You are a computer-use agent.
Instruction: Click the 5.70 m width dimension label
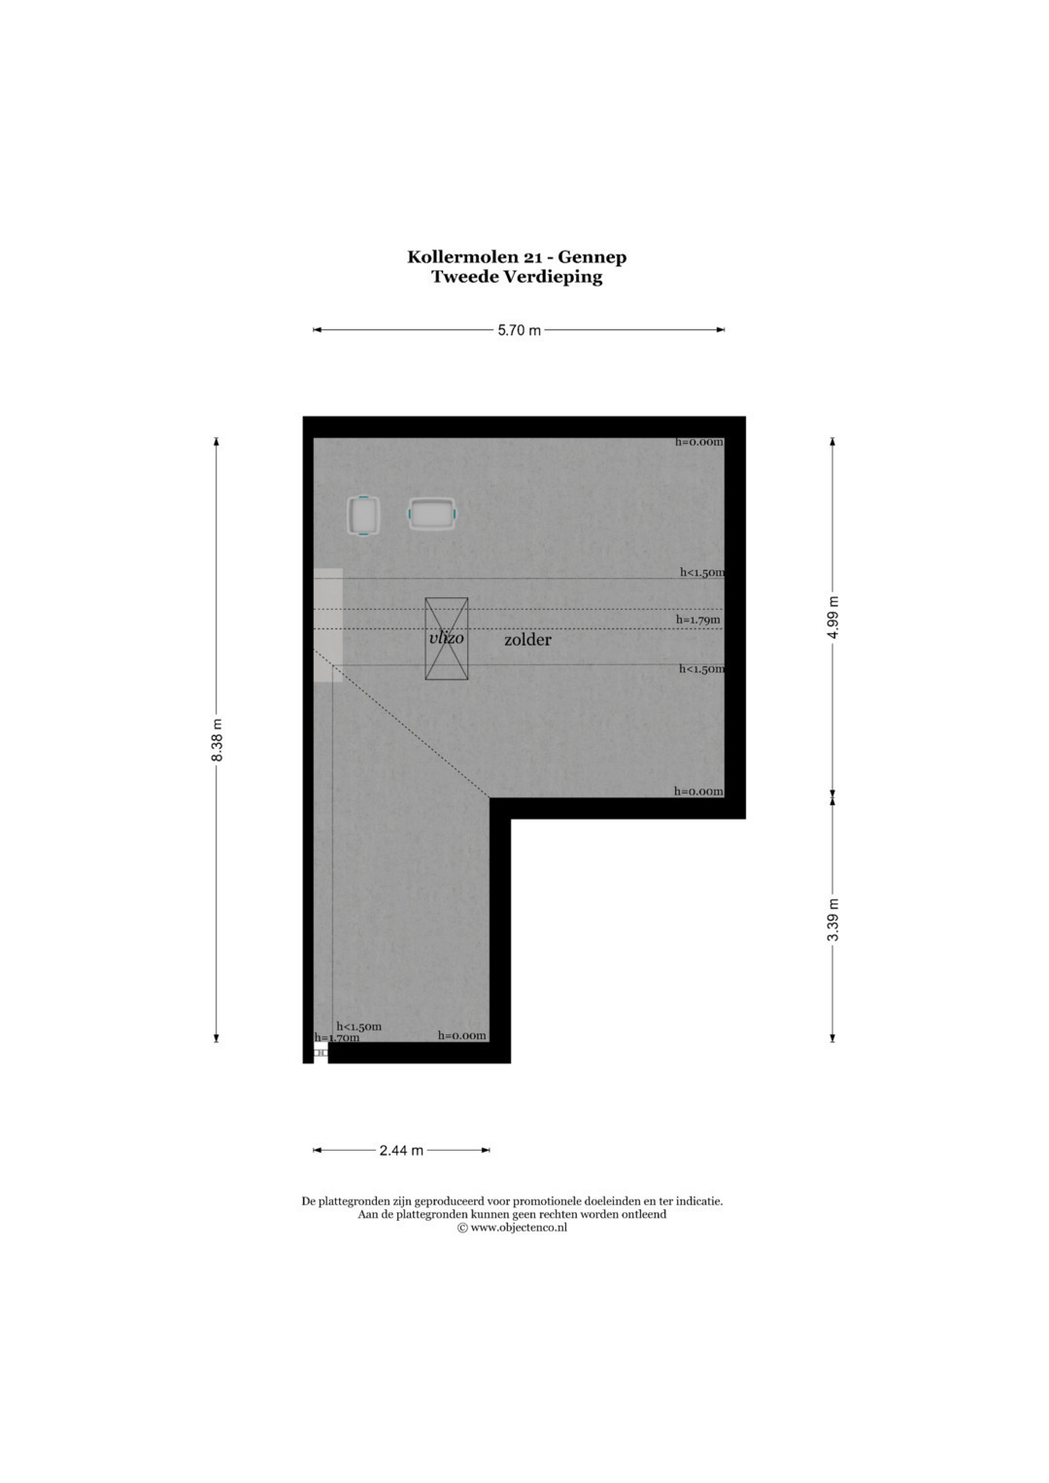click(520, 329)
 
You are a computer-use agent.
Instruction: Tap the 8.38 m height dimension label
click(218, 739)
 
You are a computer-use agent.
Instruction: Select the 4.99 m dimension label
click(833, 617)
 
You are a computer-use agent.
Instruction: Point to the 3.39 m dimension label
click(833, 920)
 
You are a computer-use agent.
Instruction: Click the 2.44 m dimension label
click(401, 1150)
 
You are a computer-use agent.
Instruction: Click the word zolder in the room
click(527, 640)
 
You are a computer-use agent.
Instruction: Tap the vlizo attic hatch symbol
click(447, 638)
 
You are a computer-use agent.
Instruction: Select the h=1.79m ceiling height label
click(698, 620)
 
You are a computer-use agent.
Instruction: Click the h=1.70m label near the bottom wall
click(336, 1037)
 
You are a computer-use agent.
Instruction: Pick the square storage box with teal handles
click(363, 516)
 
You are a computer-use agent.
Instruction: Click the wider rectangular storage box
click(432, 514)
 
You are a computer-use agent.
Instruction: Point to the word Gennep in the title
click(592, 256)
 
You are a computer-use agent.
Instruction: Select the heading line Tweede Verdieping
click(517, 277)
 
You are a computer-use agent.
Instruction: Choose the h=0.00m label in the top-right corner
click(699, 442)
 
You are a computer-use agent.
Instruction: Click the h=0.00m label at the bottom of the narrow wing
click(461, 1035)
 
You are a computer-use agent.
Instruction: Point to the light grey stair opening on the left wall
click(328, 625)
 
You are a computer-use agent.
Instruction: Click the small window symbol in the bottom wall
click(321, 1052)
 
